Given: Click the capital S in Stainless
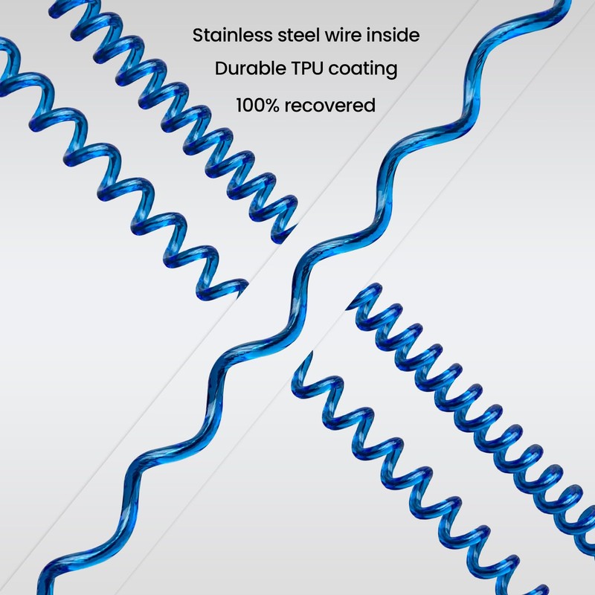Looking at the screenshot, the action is pos(198,35).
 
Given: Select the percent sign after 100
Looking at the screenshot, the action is pos(271,106).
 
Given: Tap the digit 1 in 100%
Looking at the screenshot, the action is pos(239,106).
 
